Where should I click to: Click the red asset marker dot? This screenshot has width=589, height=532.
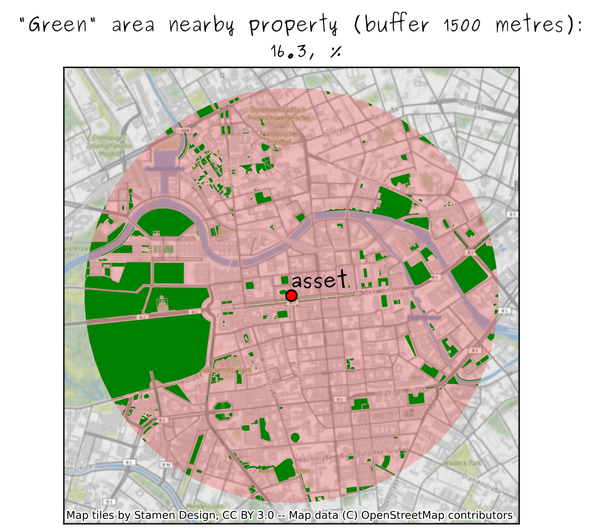coord(291,296)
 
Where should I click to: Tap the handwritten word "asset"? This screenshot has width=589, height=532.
coord(320,281)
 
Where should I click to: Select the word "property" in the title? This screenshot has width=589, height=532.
coord(293,27)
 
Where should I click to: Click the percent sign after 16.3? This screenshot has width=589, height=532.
coord(336,52)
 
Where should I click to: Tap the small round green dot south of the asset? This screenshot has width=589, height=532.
coord(294,438)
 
